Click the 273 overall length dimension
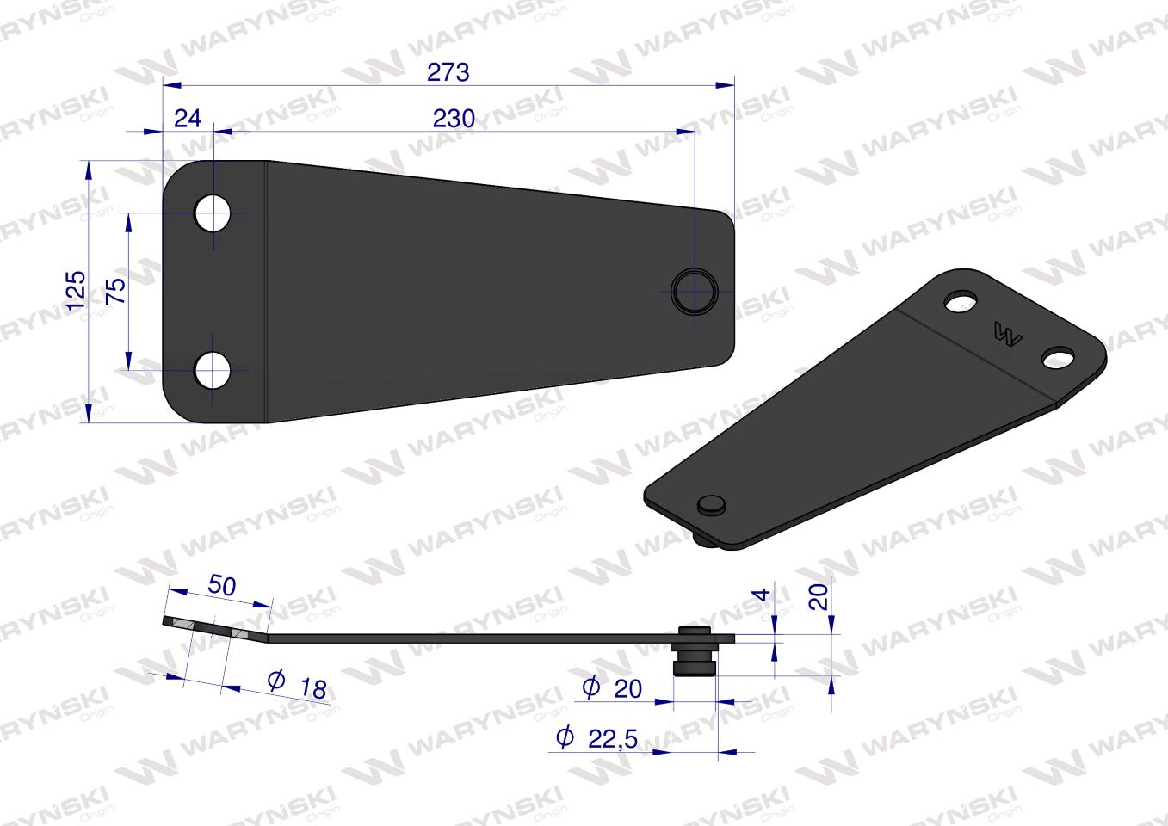pos(448,72)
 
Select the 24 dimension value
pos(187,118)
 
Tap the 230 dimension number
pos(454,119)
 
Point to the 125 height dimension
pos(76,290)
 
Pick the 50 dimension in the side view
pos(221,585)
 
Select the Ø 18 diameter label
pos(297,684)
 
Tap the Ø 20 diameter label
pos(612,688)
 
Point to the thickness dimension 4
pos(763,595)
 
